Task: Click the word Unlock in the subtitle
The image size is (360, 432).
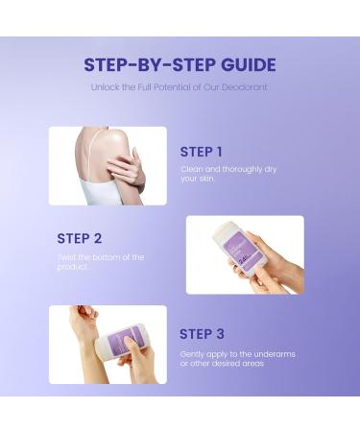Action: (x=104, y=87)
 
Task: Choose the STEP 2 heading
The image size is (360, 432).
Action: (x=79, y=238)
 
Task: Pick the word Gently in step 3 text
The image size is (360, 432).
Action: (x=192, y=353)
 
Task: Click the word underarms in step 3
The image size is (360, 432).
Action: (x=274, y=353)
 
